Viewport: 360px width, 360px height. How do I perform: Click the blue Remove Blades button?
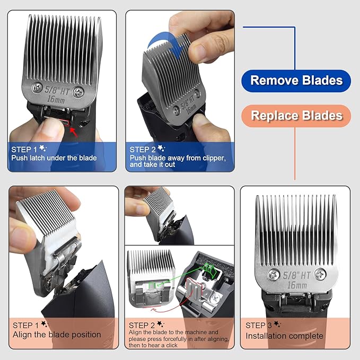pyautogui.click(x=296, y=81)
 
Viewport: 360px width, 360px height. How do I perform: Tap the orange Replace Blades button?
pyautogui.click(x=296, y=115)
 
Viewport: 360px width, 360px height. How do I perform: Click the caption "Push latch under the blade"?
pyautogui.click(x=54, y=158)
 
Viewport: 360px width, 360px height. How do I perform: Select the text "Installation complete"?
pyautogui.click(x=284, y=336)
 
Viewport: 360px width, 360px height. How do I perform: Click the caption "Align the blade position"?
pyautogui.click(x=57, y=335)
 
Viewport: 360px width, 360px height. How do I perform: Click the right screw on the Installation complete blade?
pyautogui.click(x=320, y=274)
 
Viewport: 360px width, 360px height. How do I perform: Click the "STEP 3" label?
pyautogui.click(x=259, y=325)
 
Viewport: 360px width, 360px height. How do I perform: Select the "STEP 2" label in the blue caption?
pyautogui.click(x=143, y=150)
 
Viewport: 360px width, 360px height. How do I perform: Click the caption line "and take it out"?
pyautogui.click(x=152, y=164)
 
